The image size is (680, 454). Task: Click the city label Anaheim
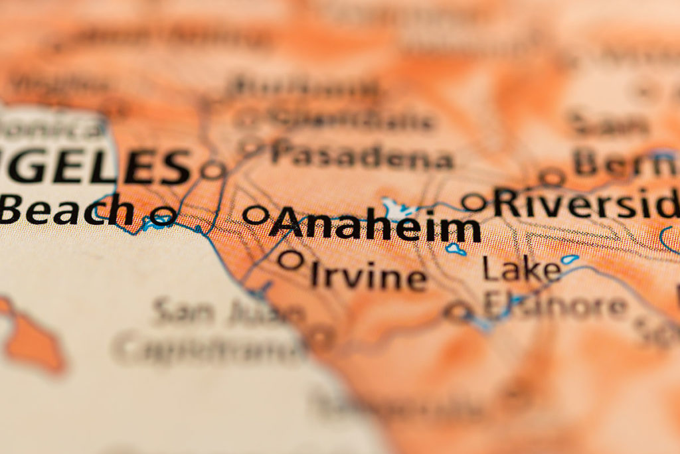(x=375, y=226)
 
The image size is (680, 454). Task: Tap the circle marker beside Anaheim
(x=255, y=214)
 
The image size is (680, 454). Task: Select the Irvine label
(x=369, y=276)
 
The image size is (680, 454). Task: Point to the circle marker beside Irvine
(x=290, y=260)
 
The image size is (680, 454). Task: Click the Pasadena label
(x=362, y=157)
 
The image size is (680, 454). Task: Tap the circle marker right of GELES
(x=212, y=170)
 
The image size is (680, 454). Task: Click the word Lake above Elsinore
(x=521, y=269)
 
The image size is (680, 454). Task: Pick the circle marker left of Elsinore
(x=458, y=311)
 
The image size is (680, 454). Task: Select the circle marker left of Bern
(x=551, y=177)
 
